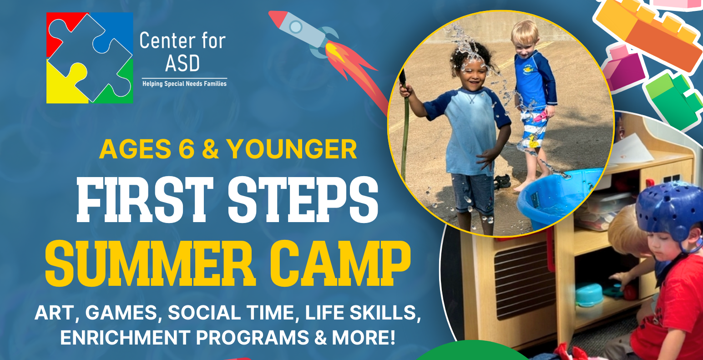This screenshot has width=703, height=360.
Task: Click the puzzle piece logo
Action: [x=90, y=58]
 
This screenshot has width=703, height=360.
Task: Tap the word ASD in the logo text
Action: [x=182, y=63]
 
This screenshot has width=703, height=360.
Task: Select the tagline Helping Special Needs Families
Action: [x=185, y=84]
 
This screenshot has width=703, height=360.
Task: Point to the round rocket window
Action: [x=296, y=27]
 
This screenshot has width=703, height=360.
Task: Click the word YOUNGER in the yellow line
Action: [x=292, y=149]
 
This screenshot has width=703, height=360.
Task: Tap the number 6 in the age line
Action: [x=187, y=149]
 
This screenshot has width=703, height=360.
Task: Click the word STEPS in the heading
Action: [x=303, y=200]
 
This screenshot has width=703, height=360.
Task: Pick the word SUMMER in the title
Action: [x=150, y=264]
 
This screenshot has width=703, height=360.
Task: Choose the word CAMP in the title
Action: [x=340, y=264]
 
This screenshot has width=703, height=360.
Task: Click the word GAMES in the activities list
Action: [x=121, y=313]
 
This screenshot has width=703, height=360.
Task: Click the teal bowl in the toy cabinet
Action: [x=589, y=294]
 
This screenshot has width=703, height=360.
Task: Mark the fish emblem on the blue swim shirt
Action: [x=528, y=69]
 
